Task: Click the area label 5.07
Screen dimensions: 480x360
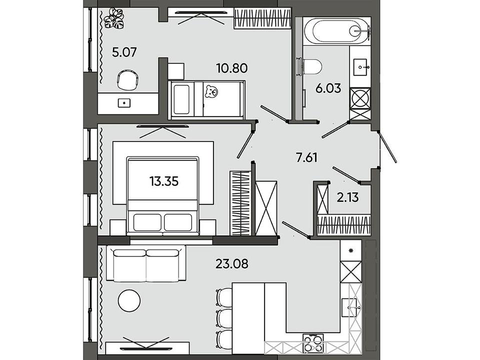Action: pos(124,52)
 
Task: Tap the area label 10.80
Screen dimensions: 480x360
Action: pos(231,68)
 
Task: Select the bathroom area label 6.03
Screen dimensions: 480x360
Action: pos(328,88)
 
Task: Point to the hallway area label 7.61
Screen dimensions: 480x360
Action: pos(306,158)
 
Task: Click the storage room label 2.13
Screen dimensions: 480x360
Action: pos(348,197)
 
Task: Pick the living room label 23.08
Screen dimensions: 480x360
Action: pos(231,263)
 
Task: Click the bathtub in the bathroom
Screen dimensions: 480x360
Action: pos(336,30)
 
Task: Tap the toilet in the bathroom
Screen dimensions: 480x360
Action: pos(311,67)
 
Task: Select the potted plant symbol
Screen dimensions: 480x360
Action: pos(114,19)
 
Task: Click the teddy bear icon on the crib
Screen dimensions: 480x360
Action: pos(211,91)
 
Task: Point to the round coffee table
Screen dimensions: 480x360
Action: pos(129,300)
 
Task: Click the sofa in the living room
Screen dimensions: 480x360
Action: pos(146,264)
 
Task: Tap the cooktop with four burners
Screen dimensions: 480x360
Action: pos(313,343)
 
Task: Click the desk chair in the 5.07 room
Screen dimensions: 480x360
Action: pos(127,79)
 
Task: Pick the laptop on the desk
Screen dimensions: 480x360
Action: pos(124,103)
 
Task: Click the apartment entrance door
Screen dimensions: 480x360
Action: pos(387,146)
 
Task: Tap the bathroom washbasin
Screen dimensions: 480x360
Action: pos(361,67)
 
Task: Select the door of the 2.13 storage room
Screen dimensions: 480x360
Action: pos(346,175)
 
